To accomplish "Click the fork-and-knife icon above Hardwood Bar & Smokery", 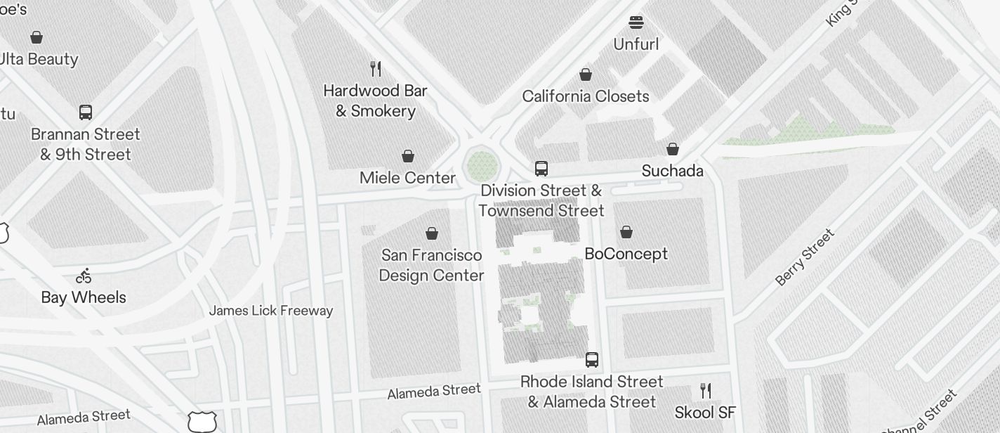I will pyautogui.click(x=376, y=69).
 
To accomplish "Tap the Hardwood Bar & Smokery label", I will pyautogui.click(x=375, y=101).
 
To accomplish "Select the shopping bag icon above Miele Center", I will pyautogui.click(x=408, y=156).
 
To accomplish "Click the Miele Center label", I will pyautogui.click(x=407, y=178).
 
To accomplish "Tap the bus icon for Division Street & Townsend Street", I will pyautogui.click(x=541, y=169).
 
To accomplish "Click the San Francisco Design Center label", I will pyautogui.click(x=431, y=265).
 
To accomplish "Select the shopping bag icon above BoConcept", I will pyautogui.click(x=626, y=232).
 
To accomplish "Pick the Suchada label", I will pyautogui.click(x=672, y=171).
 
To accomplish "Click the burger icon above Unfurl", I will pyautogui.click(x=636, y=22).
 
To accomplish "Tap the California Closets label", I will pyautogui.click(x=586, y=96).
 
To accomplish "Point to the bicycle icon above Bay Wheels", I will pyautogui.click(x=84, y=276).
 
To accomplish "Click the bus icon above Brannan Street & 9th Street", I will pyautogui.click(x=86, y=112).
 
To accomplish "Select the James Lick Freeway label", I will pyautogui.click(x=271, y=311).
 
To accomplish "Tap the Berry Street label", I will pyautogui.click(x=805, y=257).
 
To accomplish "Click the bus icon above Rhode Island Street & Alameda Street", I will pyautogui.click(x=592, y=360).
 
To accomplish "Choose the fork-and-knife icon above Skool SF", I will pyautogui.click(x=706, y=391).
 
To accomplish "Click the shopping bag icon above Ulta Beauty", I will pyautogui.click(x=37, y=37).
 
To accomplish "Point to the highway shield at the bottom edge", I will pyautogui.click(x=202, y=422).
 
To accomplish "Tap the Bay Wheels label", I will pyautogui.click(x=84, y=297).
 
